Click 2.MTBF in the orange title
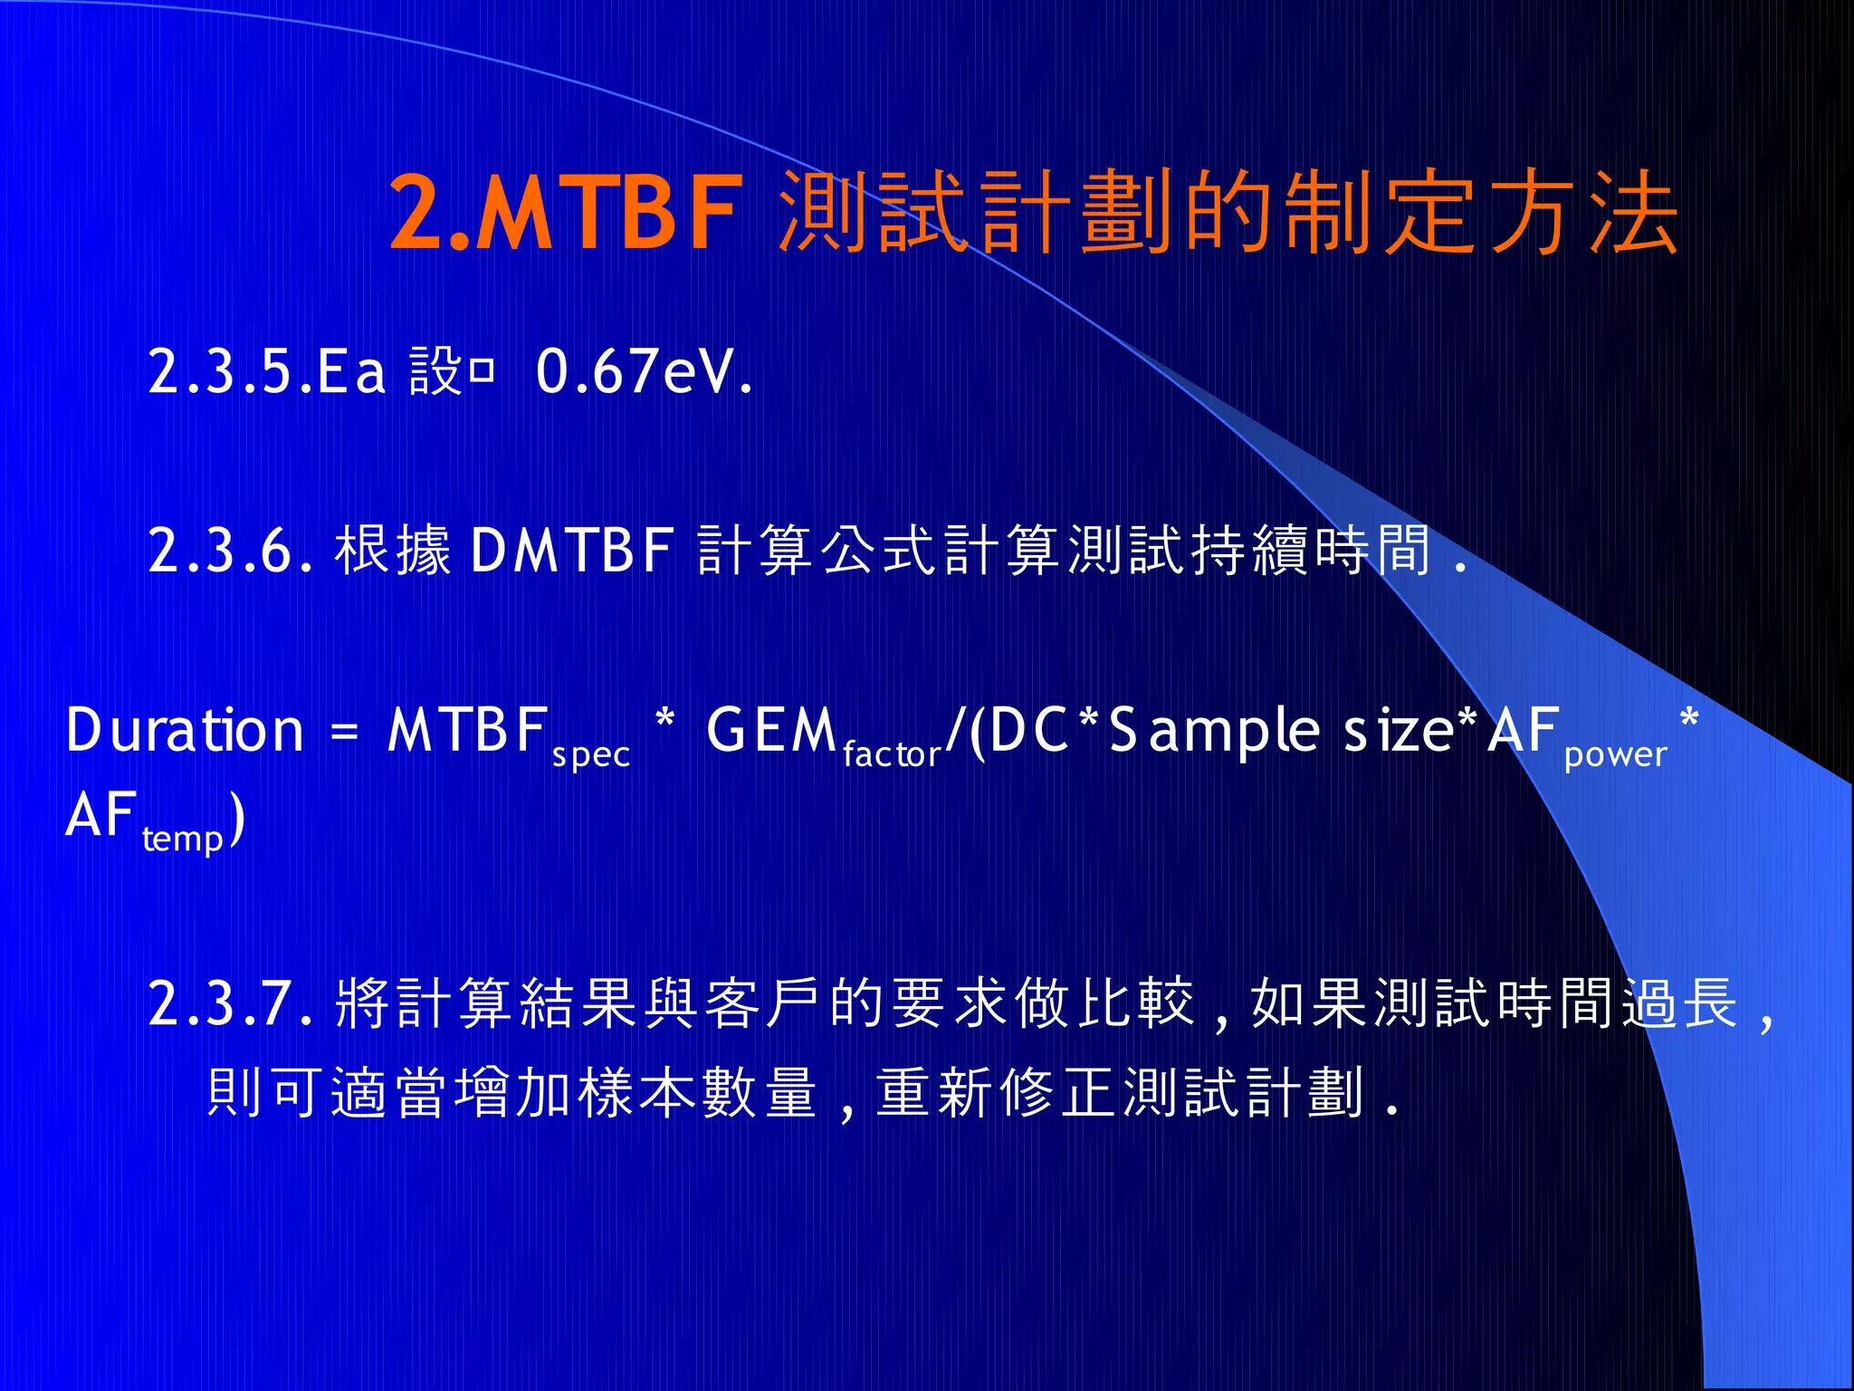pos(566,213)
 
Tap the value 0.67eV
pos(644,371)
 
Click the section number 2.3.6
pos(230,550)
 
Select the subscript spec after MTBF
pos(590,754)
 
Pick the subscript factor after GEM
pos(892,754)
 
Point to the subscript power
pos(1615,754)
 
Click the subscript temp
pos(183,839)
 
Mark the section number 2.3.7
pos(230,1002)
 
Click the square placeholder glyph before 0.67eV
pos(482,371)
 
